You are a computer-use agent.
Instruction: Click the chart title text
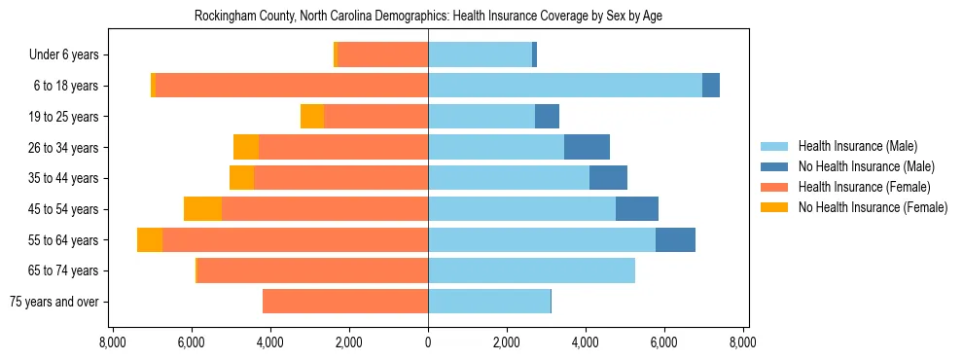click(x=428, y=17)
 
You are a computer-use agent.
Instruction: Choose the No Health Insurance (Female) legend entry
click(x=873, y=207)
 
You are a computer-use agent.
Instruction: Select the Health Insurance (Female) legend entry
click(x=864, y=187)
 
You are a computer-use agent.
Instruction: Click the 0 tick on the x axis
click(x=428, y=342)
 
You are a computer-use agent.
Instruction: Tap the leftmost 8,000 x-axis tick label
click(x=113, y=342)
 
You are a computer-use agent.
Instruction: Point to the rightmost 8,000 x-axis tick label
click(x=743, y=342)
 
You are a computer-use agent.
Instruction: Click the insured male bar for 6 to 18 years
click(x=565, y=86)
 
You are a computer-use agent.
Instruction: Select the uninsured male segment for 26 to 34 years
click(x=587, y=147)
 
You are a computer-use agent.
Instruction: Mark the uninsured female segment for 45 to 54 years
click(x=202, y=209)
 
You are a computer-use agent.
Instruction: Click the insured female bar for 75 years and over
click(x=345, y=302)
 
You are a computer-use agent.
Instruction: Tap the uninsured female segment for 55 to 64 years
click(x=150, y=240)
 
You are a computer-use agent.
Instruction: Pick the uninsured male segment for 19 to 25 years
click(x=547, y=117)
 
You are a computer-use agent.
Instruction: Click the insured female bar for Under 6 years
click(x=382, y=55)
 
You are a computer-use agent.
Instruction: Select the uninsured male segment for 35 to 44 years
click(x=608, y=178)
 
